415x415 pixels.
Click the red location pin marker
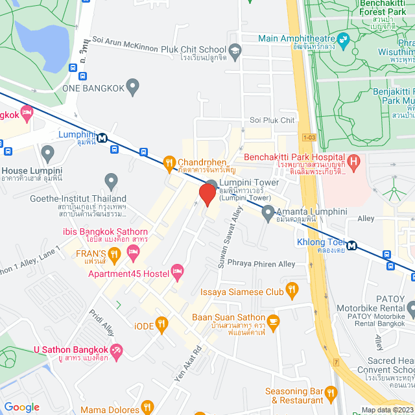(207, 195)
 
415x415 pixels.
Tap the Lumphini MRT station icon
(102, 137)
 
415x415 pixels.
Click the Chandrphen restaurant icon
(169, 163)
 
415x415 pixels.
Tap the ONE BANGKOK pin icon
(133, 85)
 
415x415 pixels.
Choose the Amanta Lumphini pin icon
(267, 212)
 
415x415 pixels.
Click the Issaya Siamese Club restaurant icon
(292, 291)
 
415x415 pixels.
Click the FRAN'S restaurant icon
(114, 253)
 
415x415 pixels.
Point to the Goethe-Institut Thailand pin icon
(111, 180)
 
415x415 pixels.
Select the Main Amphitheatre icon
(342, 38)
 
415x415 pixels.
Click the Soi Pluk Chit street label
(272, 120)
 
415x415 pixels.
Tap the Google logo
(21, 407)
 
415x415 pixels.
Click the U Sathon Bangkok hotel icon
(115, 351)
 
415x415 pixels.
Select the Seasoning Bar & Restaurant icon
(331, 392)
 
